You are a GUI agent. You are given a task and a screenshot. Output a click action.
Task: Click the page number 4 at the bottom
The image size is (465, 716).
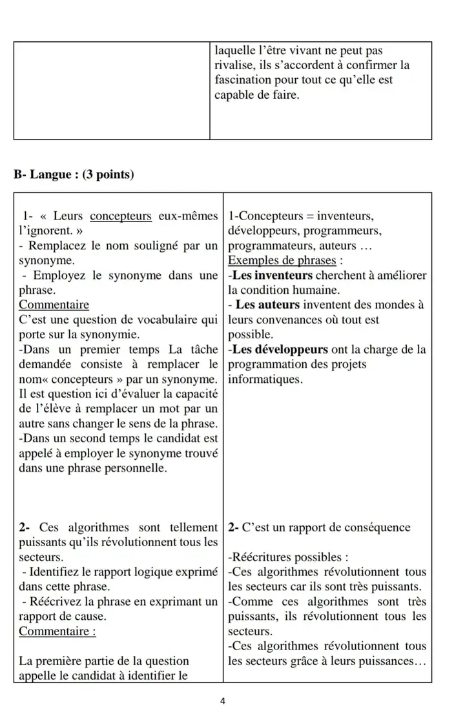[222, 700]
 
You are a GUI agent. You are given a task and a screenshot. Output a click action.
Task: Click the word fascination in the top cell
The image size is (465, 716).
[242, 80]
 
